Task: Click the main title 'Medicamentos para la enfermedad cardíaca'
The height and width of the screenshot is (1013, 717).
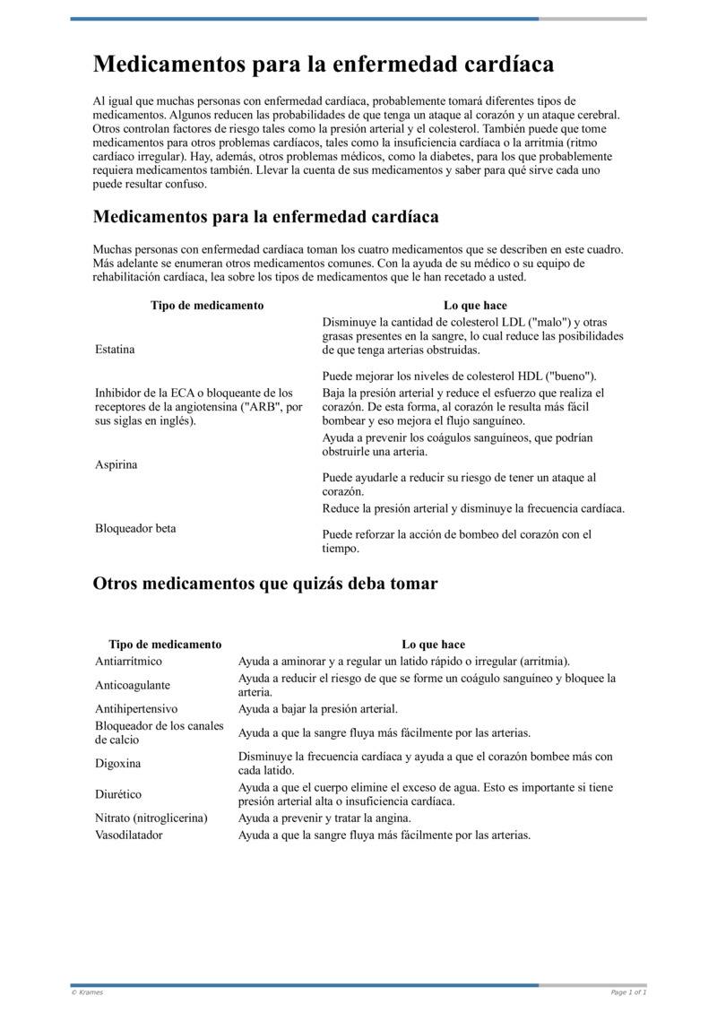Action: click(324, 65)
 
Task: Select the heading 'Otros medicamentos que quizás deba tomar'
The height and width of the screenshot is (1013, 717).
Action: click(265, 584)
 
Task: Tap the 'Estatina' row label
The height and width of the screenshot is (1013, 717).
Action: click(115, 350)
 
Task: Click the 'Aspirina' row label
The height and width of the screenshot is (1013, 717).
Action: click(116, 464)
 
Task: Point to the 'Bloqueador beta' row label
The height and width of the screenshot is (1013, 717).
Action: click(135, 528)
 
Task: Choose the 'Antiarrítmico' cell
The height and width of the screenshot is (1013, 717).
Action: click(129, 661)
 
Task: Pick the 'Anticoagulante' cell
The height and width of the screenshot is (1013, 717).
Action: click(133, 685)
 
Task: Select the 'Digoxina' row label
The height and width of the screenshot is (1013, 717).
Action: click(118, 764)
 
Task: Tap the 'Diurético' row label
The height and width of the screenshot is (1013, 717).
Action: click(118, 794)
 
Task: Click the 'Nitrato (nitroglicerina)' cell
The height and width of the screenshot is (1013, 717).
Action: click(151, 818)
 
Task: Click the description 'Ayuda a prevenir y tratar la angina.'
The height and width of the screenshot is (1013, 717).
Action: click(324, 818)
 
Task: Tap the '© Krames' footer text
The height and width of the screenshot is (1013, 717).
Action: click(87, 992)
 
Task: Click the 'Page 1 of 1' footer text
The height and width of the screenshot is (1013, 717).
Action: click(628, 992)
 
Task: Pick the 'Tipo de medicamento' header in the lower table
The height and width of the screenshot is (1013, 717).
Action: click(165, 645)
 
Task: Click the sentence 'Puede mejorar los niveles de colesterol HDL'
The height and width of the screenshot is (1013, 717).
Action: click(459, 377)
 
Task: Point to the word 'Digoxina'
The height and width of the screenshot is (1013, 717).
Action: click(118, 764)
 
